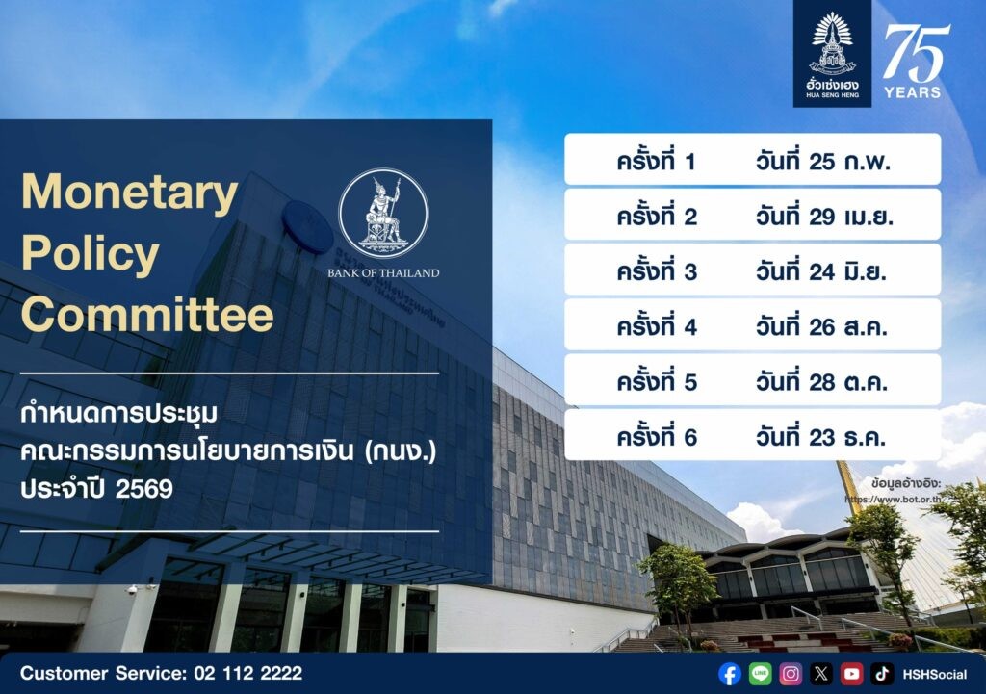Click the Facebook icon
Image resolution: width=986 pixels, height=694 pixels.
point(730,674)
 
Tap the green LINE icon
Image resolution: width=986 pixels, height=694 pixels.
point(761,674)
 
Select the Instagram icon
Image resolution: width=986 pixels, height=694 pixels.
point(791,674)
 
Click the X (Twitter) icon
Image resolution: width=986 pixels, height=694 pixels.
point(820,674)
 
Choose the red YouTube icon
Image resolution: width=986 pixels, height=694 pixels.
point(851,674)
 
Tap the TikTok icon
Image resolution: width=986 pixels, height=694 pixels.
point(882,674)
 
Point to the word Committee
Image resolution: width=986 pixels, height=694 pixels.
point(147,315)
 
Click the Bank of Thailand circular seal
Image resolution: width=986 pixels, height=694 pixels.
point(383,213)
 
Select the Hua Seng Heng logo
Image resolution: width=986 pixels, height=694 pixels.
point(832,54)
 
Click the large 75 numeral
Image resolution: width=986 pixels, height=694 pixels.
point(917,53)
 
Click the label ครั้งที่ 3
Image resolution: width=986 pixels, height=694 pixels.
point(657,270)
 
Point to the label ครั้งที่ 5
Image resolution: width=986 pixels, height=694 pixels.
point(657,381)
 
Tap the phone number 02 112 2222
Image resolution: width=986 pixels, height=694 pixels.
point(248,673)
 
